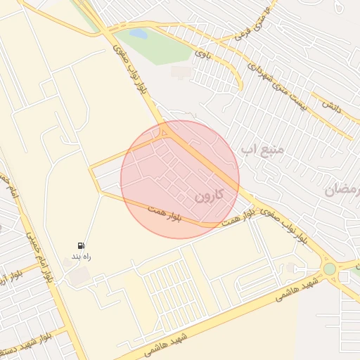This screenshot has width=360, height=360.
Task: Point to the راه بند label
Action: coord(82,257)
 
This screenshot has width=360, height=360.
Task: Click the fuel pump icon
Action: coord(82,245)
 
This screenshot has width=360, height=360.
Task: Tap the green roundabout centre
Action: coord(330,269)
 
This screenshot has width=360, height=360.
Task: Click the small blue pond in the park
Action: coord(139,33)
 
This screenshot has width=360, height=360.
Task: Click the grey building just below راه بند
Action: coord(79,276)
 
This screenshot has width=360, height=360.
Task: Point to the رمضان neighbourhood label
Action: coord(342,188)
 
